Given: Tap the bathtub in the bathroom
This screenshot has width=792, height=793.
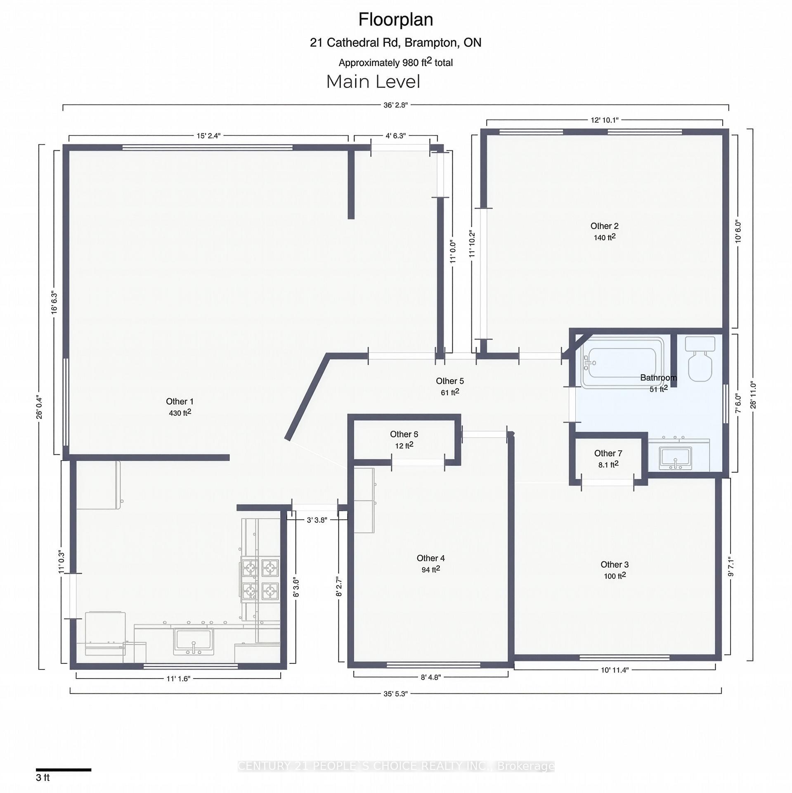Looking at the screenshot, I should coord(622,363).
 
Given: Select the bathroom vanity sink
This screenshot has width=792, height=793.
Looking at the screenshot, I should coord(675,457).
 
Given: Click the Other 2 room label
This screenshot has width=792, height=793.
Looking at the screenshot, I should coord(604,226).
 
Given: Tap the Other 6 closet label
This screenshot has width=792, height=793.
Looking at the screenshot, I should coord(404,434).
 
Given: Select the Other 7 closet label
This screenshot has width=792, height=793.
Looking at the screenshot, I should coord(608,453).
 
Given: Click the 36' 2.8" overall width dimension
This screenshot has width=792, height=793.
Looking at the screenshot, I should coord(395,105).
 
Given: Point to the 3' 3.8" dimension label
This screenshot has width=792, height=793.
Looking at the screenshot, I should coord(317,520).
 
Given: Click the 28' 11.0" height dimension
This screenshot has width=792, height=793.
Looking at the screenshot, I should coord(753,395).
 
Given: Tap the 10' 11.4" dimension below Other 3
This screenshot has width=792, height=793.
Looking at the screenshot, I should coord(615,670).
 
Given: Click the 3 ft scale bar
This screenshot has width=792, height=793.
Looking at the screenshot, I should coord(63,769).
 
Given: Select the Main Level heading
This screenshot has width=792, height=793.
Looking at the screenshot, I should coord(373,82).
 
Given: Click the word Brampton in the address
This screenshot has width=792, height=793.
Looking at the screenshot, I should coord(431,43).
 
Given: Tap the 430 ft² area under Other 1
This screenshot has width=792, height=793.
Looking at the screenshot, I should coord(180,413).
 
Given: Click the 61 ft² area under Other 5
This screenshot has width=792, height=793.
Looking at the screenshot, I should coord(450,392).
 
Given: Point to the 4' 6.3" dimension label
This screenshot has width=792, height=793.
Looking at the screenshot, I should coord(395,135).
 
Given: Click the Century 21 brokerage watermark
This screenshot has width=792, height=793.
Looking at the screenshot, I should coord(396,766).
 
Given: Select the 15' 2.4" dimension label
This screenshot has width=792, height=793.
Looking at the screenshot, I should coord(208,135).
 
